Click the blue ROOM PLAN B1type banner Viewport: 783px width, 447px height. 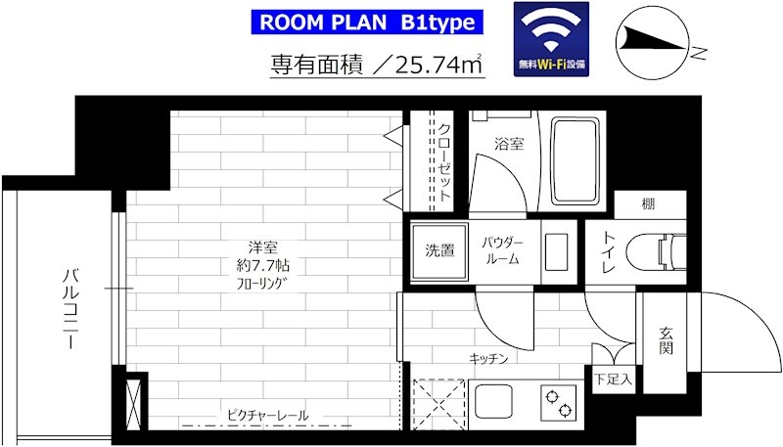coord(367,22)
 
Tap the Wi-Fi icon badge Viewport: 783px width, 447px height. coord(551,39)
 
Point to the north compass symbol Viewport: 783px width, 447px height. coord(653,46)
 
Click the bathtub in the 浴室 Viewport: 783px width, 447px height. coord(576,161)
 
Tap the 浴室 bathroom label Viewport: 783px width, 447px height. coord(509,144)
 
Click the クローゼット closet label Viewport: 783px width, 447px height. coord(444,162)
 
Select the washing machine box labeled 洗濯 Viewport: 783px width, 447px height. coord(439,252)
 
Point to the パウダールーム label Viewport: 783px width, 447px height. coord(502,251)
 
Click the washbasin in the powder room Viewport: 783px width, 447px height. coord(556,252)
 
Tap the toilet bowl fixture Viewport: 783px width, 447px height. coord(655,252)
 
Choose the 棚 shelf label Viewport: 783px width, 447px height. coord(648,204)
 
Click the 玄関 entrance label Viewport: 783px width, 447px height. coord(666,340)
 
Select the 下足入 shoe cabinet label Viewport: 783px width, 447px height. coord(614,380)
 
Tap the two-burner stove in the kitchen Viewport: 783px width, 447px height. coord(558,404)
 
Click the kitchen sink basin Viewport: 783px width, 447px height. coord(493,403)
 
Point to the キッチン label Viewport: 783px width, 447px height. coord(488,359)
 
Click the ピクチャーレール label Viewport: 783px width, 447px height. coord(267,415)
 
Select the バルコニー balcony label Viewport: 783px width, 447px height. coord(70,309)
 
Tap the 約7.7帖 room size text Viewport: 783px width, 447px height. coord(263,266)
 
